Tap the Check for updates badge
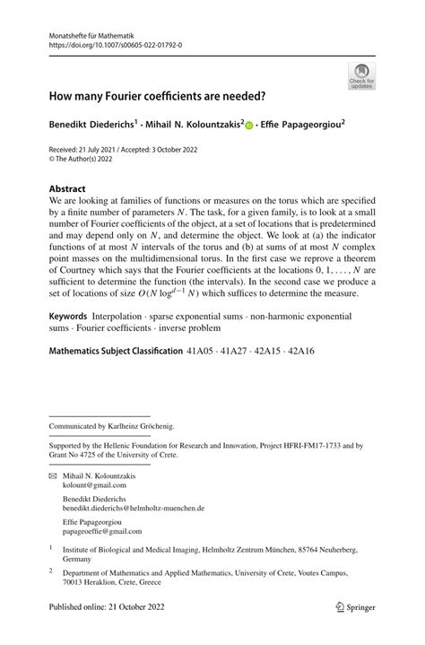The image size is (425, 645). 360,74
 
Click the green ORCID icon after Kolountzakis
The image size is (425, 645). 250,126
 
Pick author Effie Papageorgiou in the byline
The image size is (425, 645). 316,125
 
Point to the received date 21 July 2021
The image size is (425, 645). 90,148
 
